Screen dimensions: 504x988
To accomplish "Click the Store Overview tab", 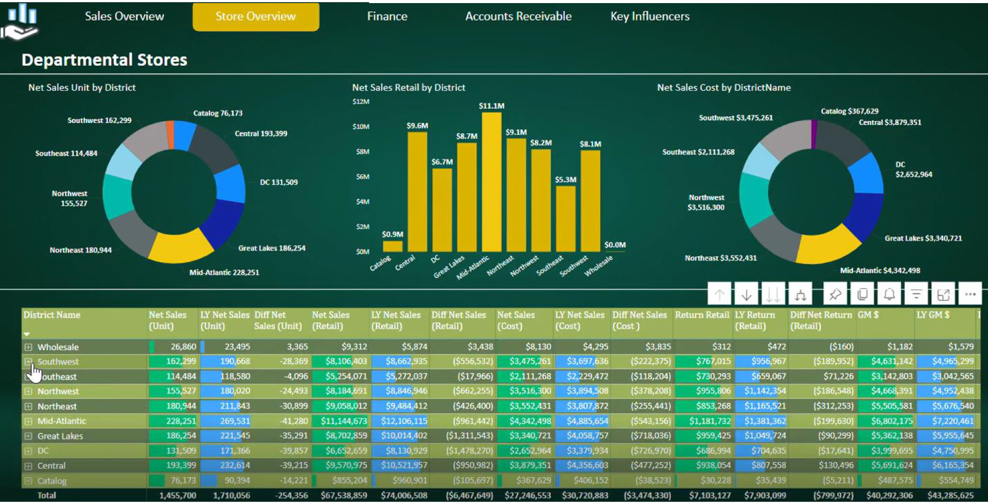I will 256,16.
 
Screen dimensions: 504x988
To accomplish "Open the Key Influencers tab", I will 649,16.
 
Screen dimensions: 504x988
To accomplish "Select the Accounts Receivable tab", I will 518,16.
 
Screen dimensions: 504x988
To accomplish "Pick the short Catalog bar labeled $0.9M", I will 393,247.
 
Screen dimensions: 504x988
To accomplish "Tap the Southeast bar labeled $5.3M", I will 566,218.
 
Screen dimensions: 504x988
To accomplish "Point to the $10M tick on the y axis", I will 361,127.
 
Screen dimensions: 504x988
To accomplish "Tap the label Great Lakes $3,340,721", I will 923,238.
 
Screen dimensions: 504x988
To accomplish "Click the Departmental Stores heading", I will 104,60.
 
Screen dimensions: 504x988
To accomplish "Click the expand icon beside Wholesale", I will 28,347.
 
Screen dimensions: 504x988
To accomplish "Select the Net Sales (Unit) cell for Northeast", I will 174,406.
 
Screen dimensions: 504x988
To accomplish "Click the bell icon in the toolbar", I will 889,294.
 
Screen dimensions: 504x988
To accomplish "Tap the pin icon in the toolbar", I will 835,294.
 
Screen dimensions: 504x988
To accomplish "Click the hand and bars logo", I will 21,22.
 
